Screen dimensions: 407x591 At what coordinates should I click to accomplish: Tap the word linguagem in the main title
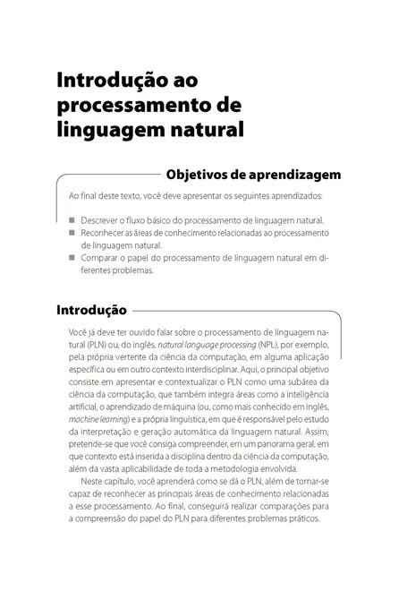[x=106, y=129]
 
